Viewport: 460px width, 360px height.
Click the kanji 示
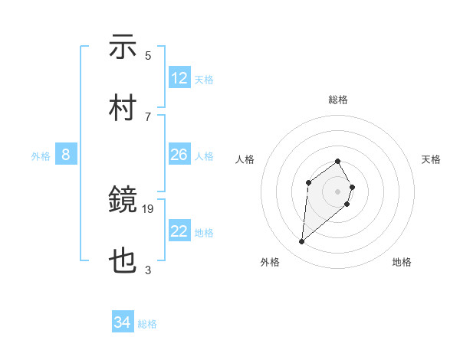(x=123, y=47)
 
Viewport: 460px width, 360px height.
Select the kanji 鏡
(x=123, y=201)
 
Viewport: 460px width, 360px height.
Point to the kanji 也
(x=123, y=260)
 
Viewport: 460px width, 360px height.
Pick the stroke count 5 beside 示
(x=148, y=56)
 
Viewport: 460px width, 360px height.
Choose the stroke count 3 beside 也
(x=148, y=269)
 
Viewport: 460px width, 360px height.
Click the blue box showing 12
(x=179, y=78)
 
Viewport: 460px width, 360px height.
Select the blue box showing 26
(x=179, y=155)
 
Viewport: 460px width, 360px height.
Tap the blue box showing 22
(x=179, y=231)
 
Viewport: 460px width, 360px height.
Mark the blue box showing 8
(x=66, y=155)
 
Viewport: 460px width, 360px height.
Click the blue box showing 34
(x=123, y=322)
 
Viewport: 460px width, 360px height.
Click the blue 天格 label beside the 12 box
(x=204, y=80)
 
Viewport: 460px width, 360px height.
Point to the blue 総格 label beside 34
(x=147, y=324)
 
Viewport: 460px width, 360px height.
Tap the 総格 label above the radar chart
(x=338, y=100)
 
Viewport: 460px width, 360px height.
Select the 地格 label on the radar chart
(x=402, y=262)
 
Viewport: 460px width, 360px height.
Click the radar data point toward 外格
(x=301, y=242)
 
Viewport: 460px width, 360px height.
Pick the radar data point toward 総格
(x=337, y=161)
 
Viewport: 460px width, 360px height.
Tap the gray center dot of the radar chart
(x=337, y=191)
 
